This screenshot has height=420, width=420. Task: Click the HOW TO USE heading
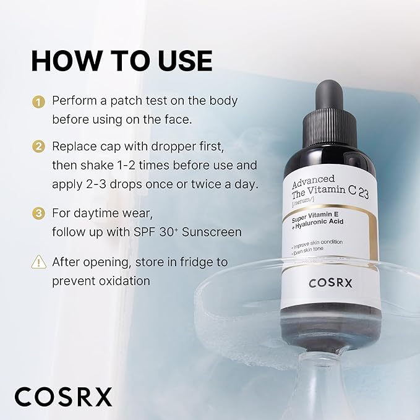(x=121, y=61)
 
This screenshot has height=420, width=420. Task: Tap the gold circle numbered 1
(x=39, y=101)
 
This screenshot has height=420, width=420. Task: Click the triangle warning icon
(x=39, y=262)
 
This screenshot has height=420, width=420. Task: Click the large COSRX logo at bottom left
(x=64, y=396)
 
